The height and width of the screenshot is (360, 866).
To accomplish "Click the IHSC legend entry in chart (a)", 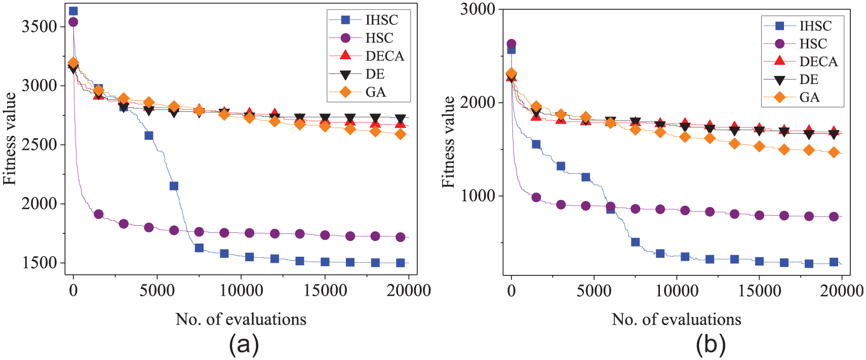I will click(x=381, y=20).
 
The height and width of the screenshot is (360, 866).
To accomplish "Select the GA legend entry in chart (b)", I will click(x=809, y=97).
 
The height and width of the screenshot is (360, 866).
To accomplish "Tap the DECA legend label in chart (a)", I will click(x=385, y=56).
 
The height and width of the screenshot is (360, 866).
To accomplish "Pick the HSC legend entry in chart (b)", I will click(x=813, y=44).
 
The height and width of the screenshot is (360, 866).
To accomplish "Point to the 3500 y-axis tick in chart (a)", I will click(x=39, y=26).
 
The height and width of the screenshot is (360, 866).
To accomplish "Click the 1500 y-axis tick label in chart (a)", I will click(x=39, y=263).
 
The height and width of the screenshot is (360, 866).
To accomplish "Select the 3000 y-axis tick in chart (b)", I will click(x=477, y=9).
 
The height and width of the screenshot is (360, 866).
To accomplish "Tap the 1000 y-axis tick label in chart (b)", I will click(x=477, y=196).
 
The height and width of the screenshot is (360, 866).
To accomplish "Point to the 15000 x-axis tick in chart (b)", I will click(x=759, y=291).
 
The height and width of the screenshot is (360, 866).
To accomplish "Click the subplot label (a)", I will click(x=244, y=345).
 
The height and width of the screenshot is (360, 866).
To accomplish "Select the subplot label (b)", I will click(x=711, y=345).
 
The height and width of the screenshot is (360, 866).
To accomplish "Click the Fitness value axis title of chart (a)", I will click(x=10, y=139).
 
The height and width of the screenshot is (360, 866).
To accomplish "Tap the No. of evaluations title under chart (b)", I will click(x=676, y=319).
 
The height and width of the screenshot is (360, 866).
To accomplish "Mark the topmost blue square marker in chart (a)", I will click(x=73, y=11).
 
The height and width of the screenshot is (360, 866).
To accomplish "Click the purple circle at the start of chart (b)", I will click(x=511, y=44).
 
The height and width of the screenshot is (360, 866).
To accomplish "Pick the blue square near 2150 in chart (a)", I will click(x=174, y=186).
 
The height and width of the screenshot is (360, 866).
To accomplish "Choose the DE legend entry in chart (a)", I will click(x=375, y=74).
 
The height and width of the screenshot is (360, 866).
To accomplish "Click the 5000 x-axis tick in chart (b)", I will click(x=594, y=291).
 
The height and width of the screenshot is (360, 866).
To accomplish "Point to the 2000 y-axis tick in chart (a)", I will click(x=39, y=204).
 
